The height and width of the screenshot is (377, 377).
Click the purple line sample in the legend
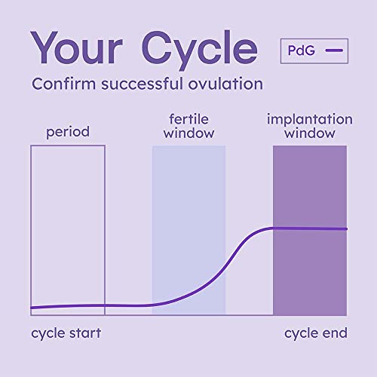tap(334, 51)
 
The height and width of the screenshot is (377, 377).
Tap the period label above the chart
tap(68, 133)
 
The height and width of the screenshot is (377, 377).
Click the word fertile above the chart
tap(188, 119)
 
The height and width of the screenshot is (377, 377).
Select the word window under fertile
tap(188, 134)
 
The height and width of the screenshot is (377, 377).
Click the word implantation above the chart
tap(309, 119)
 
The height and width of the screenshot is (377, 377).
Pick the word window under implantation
tap(309, 134)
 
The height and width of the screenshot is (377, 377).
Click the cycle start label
tap(66, 333)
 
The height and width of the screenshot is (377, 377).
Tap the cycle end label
tap(315, 333)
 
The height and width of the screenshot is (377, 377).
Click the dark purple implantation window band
tap(309, 271)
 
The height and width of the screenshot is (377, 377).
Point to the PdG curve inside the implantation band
tap(309, 228)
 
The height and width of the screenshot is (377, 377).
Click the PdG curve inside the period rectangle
tap(68, 305)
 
